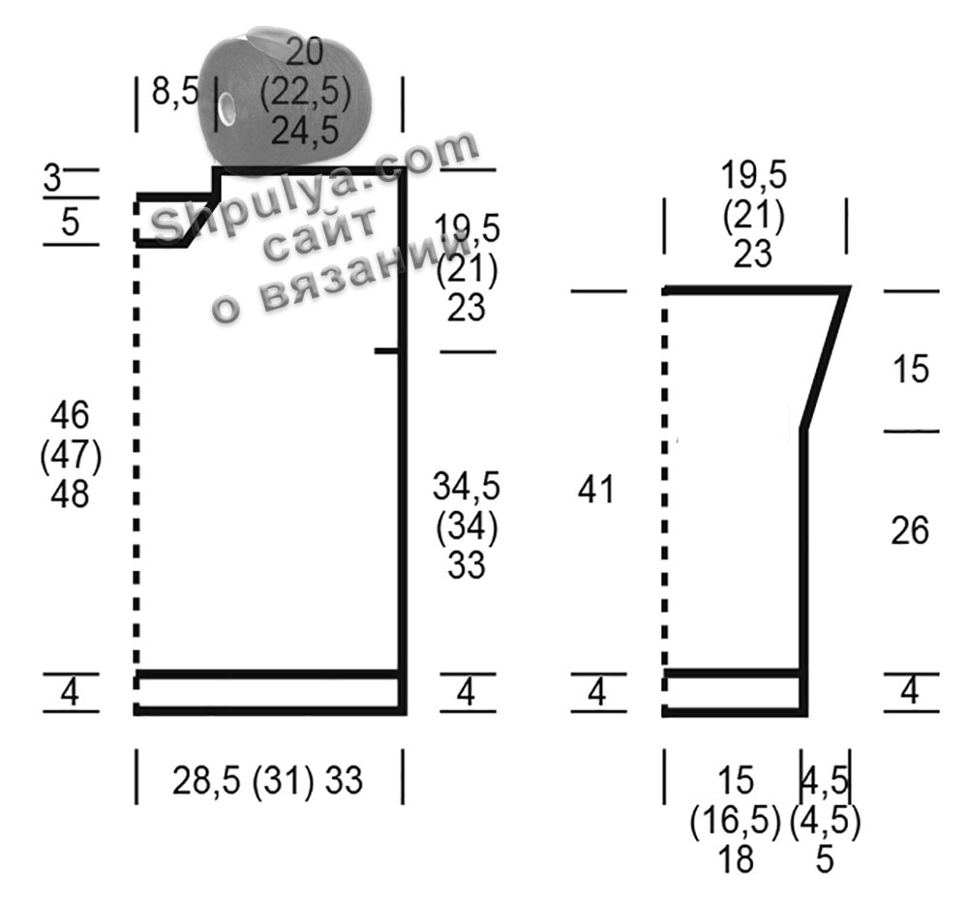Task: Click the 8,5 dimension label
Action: pyautogui.click(x=175, y=93)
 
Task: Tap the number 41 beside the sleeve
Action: pyautogui.click(x=595, y=490)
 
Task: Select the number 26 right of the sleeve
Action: pyautogui.click(x=910, y=530)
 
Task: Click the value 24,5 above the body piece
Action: pyautogui.click(x=305, y=131)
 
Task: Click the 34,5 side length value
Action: pyautogui.click(x=467, y=486)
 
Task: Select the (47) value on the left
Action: pyautogui.click(x=71, y=456)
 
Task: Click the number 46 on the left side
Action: pyautogui.click(x=71, y=414)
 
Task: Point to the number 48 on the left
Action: pyautogui.click(x=71, y=495)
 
